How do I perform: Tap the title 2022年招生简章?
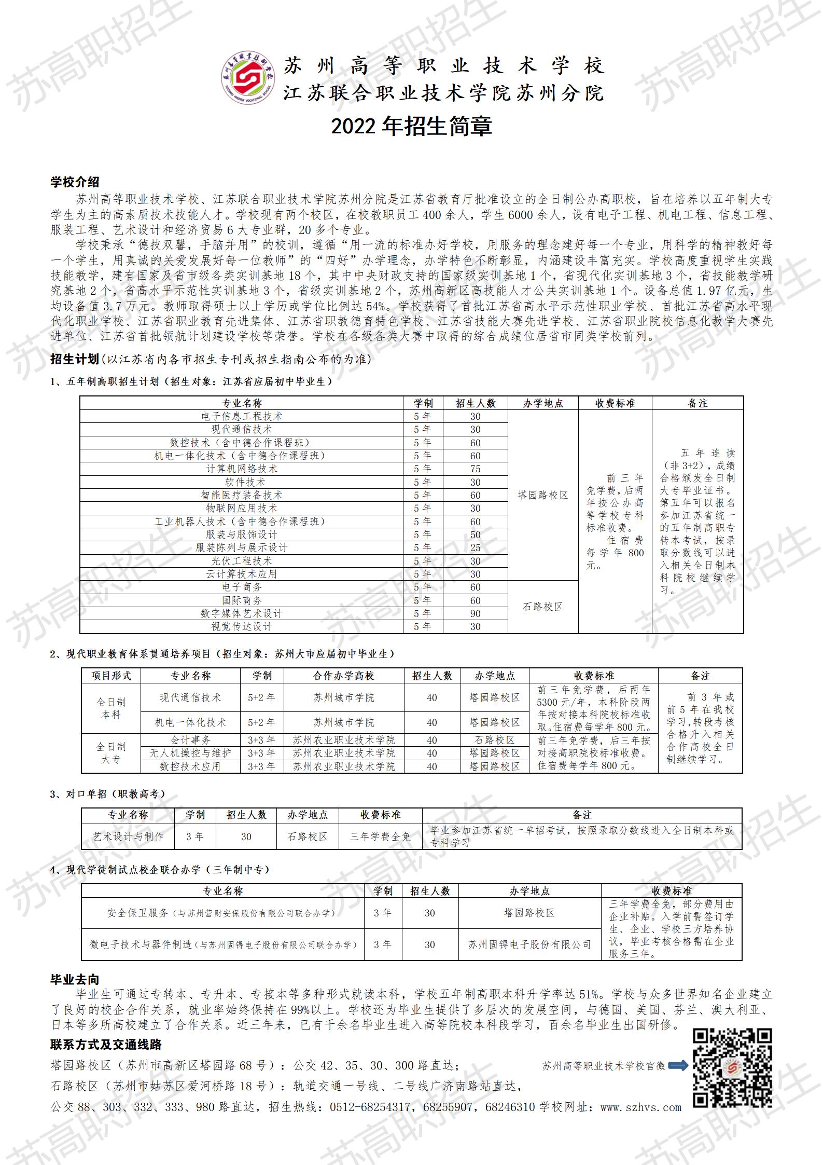[x=411, y=127]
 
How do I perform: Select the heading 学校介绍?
[x=75, y=182]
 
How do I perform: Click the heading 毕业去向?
[x=75, y=979]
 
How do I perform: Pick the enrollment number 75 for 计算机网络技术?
[x=475, y=469]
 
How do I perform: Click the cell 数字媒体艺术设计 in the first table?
[x=242, y=613]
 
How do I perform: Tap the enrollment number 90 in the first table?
[x=475, y=613]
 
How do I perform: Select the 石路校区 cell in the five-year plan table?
[x=542, y=607]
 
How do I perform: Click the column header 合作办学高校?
[x=344, y=676]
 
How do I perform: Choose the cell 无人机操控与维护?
[x=190, y=753]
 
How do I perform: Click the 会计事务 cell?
[x=190, y=740]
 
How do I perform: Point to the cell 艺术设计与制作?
[x=128, y=837]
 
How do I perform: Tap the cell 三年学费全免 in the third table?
[x=380, y=837]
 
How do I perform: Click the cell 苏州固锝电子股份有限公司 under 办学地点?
[x=529, y=944]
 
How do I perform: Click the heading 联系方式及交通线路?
[x=106, y=1044]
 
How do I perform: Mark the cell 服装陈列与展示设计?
[x=242, y=547]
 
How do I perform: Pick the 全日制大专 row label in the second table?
[x=111, y=753]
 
